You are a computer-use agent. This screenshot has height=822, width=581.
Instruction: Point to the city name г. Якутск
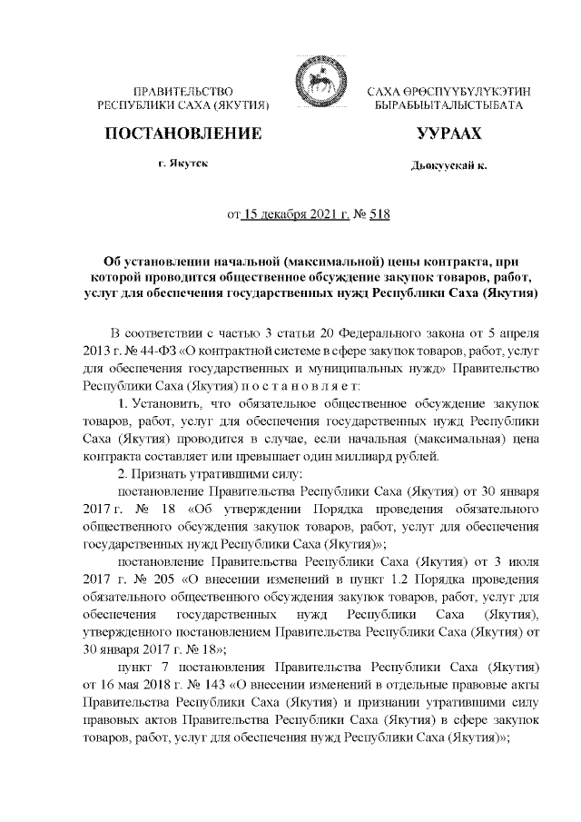pos(184,165)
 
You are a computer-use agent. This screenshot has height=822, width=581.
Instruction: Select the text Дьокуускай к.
pos(448,167)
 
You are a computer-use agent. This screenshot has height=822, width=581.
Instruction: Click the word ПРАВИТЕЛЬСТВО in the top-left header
pos(184,93)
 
